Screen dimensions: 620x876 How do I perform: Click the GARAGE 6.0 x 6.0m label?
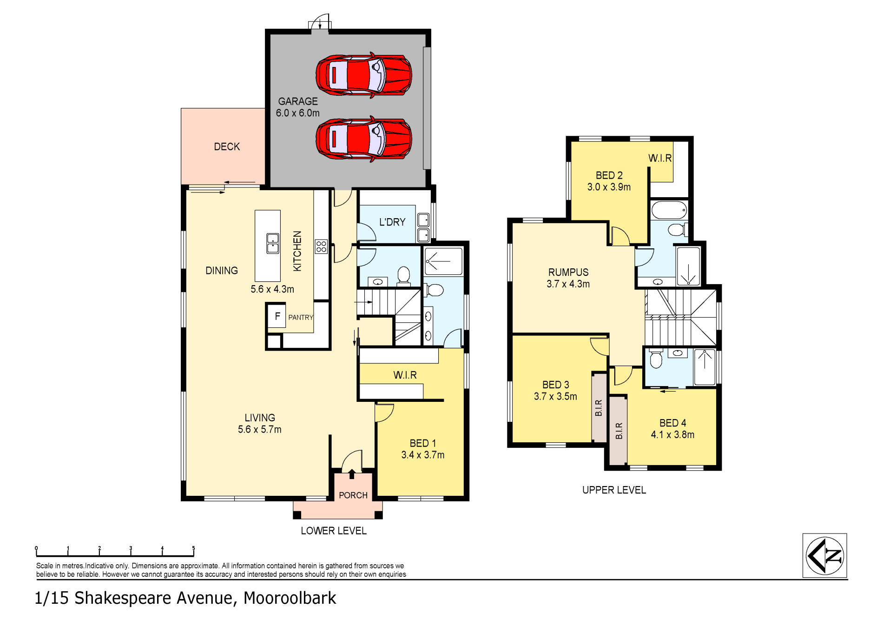coord(297,107)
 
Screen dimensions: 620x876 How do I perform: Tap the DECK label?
coord(227,147)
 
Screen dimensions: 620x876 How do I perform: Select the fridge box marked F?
coord(277,317)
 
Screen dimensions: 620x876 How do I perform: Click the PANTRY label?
coord(300,318)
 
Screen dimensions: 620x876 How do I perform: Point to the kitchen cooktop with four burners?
coord(321,247)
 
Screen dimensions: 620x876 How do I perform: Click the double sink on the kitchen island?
coord(273,243)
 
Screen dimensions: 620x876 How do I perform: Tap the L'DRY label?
coord(392,222)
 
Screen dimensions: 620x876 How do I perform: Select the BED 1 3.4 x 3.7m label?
coord(422,449)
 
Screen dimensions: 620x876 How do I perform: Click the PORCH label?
coord(353,495)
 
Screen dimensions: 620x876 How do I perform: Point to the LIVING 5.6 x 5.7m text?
coord(259,424)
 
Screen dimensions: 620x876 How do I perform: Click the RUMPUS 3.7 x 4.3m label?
coord(568,278)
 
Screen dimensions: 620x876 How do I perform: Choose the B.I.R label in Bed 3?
coord(599,408)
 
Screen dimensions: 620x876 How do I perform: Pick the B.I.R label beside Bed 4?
coord(619,431)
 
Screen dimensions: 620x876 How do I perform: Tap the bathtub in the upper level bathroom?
coord(669,210)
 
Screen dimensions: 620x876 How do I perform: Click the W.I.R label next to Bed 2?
coord(660,158)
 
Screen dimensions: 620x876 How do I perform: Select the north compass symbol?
coord(824,555)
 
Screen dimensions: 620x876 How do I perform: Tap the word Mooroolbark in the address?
coord(290,598)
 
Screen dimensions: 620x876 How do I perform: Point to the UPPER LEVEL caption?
coord(614,490)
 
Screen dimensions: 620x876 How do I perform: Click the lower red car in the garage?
coord(364,139)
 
